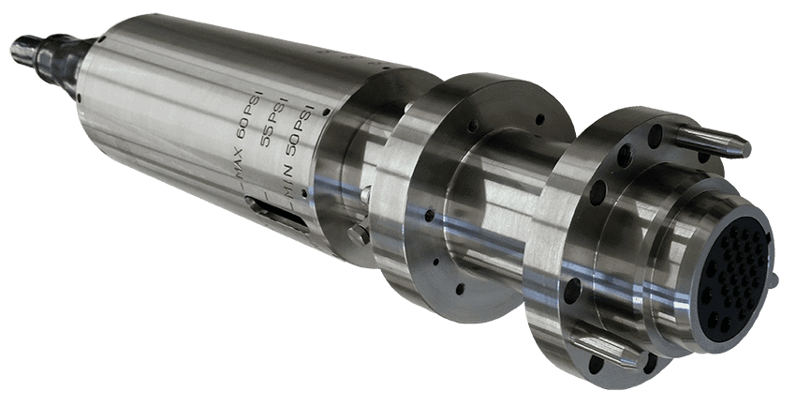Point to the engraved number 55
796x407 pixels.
[266, 137]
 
